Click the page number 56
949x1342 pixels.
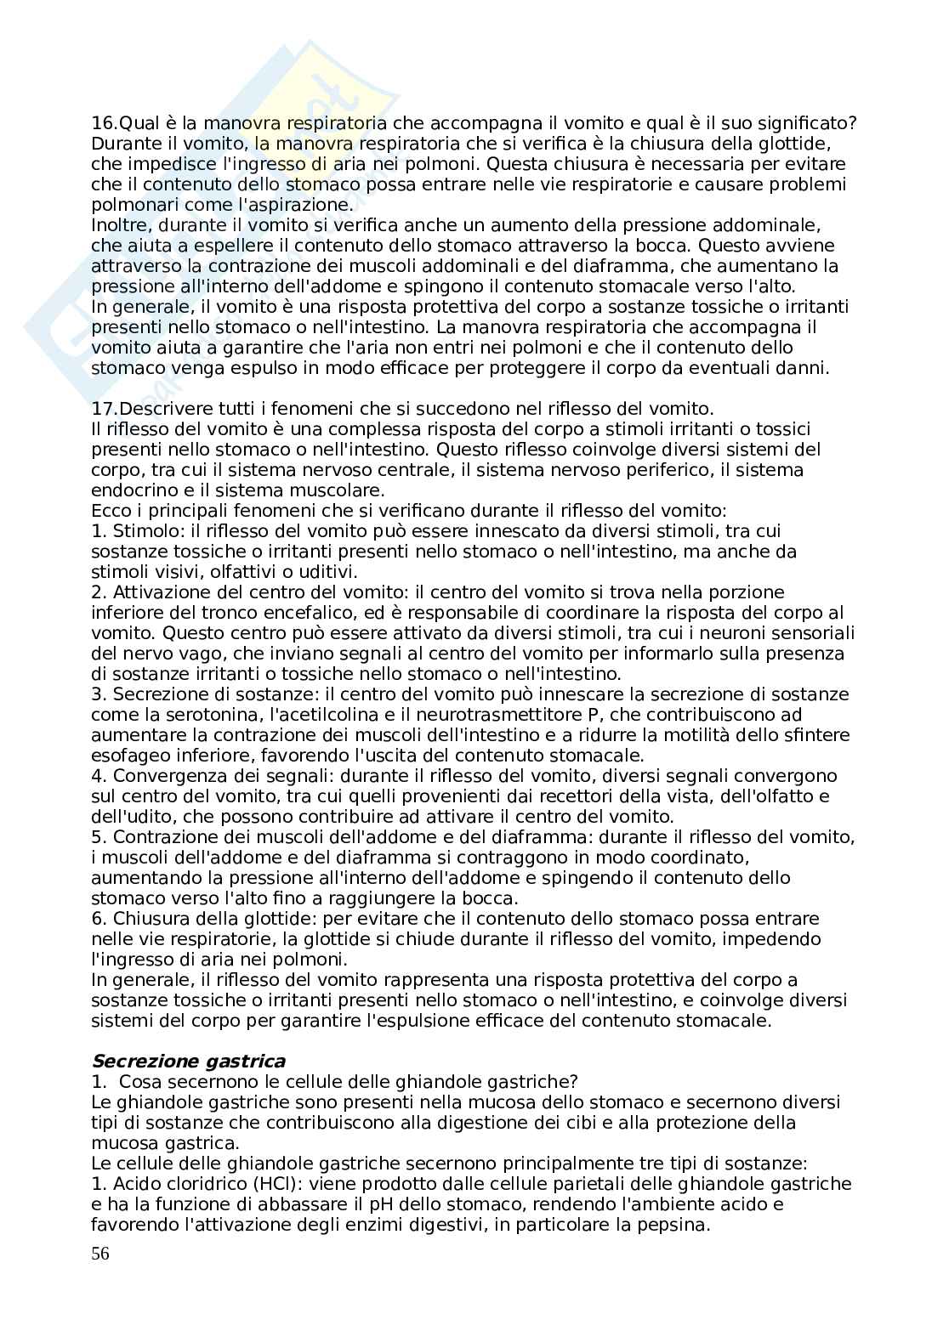pos(100,1254)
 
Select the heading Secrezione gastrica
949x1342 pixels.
pos(188,1061)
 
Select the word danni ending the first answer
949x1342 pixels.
pos(804,368)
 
